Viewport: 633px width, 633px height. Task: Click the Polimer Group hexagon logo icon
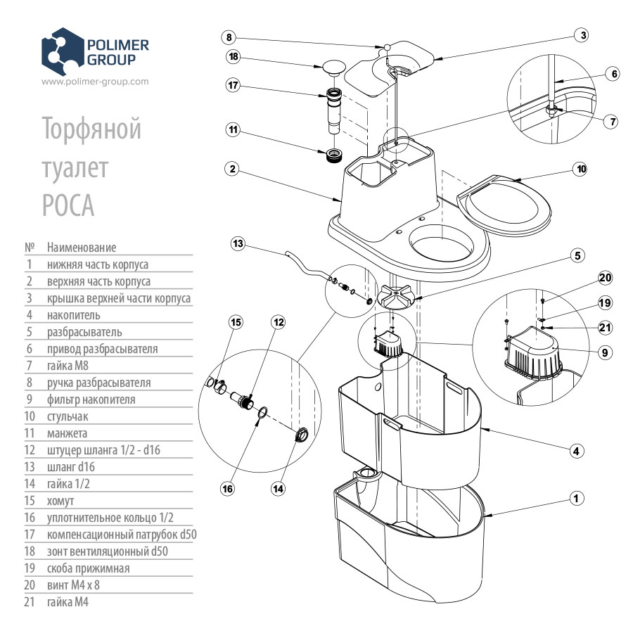[x=63, y=51]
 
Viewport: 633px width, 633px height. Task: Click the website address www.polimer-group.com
[x=95, y=81]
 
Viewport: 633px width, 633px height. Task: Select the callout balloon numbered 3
[x=580, y=34]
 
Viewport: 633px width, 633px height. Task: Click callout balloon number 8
[x=230, y=37]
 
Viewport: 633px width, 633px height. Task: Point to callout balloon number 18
[x=234, y=56]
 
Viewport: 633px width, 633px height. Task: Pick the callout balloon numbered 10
[x=580, y=169]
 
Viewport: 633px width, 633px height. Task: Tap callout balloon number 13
[x=238, y=243]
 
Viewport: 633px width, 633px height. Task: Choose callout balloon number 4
[x=577, y=451]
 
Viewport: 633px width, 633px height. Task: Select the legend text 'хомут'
[x=60, y=501]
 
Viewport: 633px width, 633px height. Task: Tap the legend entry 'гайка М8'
[x=68, y=366]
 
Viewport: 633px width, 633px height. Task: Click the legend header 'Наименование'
[x=82, y=248]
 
